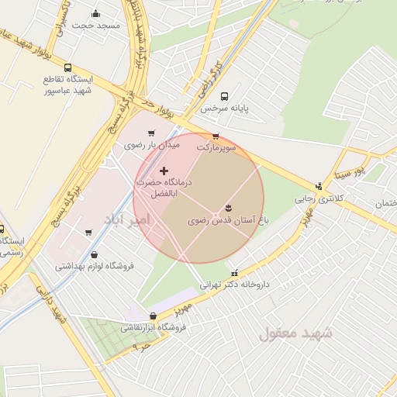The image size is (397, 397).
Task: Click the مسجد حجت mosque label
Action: pyautogui.click(x=96, y=26)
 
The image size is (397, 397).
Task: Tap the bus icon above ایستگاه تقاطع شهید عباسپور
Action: pyautogui.click(x=68, y=68)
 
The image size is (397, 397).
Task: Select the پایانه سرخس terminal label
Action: pyautogui.click(x=225, y=109)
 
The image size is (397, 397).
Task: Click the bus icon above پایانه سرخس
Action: pyautogui.click(x=225, y=97)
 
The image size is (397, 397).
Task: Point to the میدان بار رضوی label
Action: pyautogui.click(x=151, y=145)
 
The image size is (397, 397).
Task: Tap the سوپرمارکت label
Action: pyautogui.click(x=216, y=147)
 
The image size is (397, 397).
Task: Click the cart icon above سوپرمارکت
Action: pyautogui.click(x=216, y=136)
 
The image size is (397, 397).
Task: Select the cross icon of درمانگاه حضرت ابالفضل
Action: pyautogui.click(x=163, y=170)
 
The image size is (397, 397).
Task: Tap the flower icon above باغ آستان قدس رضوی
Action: pyautogui.click(x=228, y=208)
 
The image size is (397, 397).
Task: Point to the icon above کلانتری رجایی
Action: pyautogui.click(x=319, y=186)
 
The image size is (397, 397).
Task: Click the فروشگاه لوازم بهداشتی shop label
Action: pyautogui.click(x=95, y=266)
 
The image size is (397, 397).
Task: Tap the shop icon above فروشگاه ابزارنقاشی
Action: pyautogui.click(x=152, y=316)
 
